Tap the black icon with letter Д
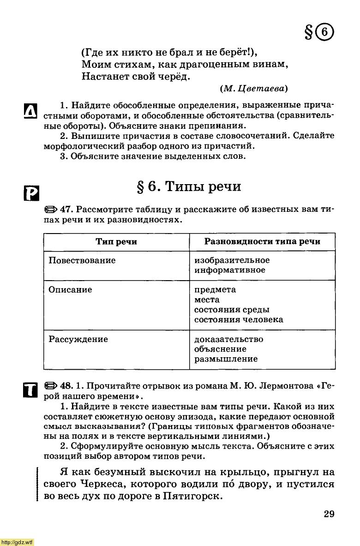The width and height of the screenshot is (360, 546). tap(30, 112)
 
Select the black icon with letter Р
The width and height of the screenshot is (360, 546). tap(30, 192)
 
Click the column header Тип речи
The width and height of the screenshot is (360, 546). tap(116, 242)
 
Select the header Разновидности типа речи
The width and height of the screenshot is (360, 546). tap(262, 242)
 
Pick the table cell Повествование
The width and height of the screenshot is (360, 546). tap(82, 260)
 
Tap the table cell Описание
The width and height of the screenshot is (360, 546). tap(71, 290)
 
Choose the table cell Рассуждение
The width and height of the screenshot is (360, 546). tap(78, 339)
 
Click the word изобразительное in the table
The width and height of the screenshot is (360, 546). tap(232, 260)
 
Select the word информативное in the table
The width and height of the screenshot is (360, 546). tap(230, 270)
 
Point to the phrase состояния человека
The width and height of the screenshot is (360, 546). tap(239, 319)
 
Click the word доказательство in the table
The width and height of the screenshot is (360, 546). tap(229, 339)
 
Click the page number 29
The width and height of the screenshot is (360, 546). tap(329, 514)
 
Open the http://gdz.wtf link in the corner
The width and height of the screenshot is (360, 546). tap(17, 542)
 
